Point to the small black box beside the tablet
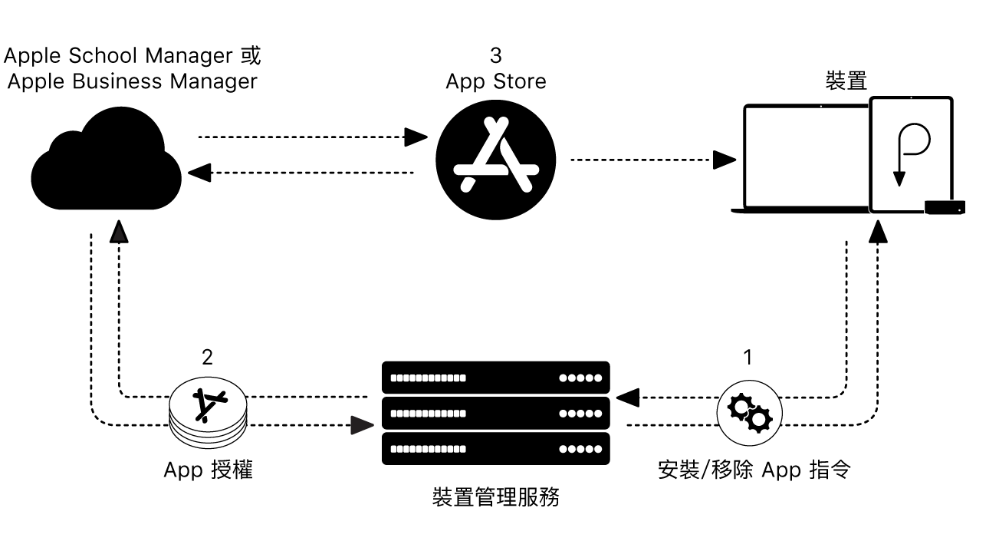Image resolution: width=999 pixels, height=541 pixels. (945, 206)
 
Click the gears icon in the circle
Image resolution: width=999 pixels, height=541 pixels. (749, 413)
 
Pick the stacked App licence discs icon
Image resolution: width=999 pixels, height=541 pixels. (209, 414)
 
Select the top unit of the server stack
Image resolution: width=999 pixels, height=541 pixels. (495, 378)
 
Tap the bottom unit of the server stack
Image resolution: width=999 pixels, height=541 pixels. (495, 449)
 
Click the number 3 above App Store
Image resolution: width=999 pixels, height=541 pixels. (495, 55)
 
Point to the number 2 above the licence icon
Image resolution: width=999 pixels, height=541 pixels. (208, 358)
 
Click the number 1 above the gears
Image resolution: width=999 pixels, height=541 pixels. (748, 358)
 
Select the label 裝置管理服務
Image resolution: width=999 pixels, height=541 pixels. (495, 497)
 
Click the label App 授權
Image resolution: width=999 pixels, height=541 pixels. (208, 470)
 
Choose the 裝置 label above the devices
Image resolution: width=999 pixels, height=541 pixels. (846, 81)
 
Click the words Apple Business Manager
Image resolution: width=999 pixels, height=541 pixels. (132, 81)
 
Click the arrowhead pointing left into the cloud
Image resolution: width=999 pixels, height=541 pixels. (199, 173)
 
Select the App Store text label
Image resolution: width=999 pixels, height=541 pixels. (495, 81)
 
